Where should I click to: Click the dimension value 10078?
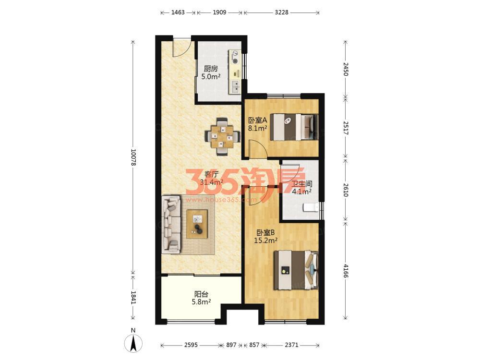point(133,157)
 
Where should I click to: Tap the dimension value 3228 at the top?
point(281,12)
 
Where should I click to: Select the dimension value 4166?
point(346,271)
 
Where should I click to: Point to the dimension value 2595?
point(191,345)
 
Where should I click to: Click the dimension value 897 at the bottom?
point(231,345)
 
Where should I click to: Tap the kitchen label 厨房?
point(211,69)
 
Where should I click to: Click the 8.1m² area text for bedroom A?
point(258,128)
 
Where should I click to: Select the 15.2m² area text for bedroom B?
point(266,240)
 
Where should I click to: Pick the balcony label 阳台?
point(201,294)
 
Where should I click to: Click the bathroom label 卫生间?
point(302,184)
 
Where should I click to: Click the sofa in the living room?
point(171,225)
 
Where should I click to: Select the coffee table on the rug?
point(197,224)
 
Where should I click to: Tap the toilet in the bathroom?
point(311,208)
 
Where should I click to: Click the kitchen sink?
point(235,86)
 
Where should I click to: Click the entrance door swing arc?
point(183,48)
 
